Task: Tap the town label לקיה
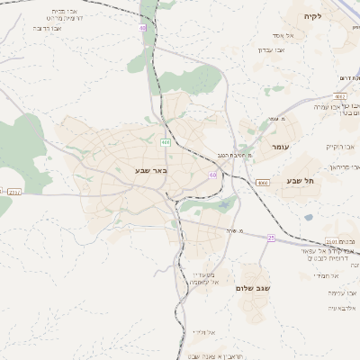(x=312, y=15)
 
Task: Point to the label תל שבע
(x=301, y=181)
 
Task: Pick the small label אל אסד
(x=273, y=35)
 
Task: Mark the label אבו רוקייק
(x=340, y=146)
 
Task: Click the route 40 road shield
(x=143, y=28)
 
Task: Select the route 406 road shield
(x=166, y=142)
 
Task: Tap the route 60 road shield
(x=213, y=175)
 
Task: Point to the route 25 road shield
(x=270, y=238)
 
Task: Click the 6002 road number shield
(x=340, y=95)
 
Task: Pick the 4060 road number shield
(x=263, y=183)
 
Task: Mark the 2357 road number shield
(x=13, y=192)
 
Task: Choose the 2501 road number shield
(x=333, y=241)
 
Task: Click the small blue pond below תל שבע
(x=309, y=217)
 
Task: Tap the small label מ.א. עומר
(x=289, y=118)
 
